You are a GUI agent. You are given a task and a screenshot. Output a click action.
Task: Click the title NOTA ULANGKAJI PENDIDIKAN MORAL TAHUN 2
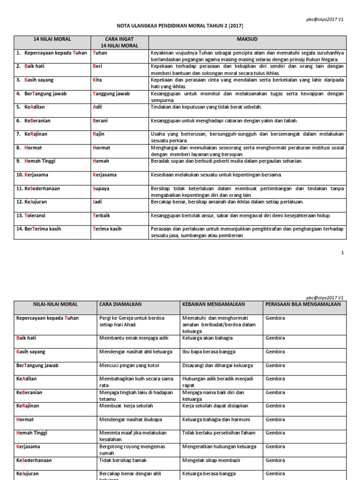click(x=180, y=27)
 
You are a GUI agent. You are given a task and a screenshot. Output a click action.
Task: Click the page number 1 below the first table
click(x=343, y=253)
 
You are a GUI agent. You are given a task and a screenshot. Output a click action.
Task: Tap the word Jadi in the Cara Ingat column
click(x=97, y=202)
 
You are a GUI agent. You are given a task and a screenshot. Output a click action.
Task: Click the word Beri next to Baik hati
click(x=97, y=67)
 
